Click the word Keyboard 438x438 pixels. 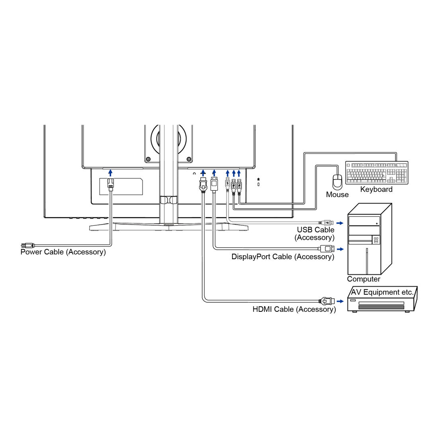(x=376, y=190)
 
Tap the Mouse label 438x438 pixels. (x=337, y=195)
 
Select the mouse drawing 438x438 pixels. (x=338, y=182)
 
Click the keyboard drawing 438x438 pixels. (x=377, y=173)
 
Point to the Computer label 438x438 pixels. (x=363, y=279)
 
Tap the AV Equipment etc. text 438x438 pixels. (x=382, y=292)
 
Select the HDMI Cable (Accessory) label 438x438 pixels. (x=294, y=309)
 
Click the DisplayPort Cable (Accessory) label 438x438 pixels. (x=283, y=257)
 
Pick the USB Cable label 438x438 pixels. (x=315, y=230)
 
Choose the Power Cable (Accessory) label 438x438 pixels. (x=63, y=252)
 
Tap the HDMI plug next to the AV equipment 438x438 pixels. (x=325, y=301)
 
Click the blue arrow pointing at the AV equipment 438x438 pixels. (x=340, y=301)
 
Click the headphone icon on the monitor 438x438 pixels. (x=194, y=173)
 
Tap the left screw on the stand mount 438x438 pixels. (x=149, y=159)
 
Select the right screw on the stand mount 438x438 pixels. (x=189, y=159)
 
